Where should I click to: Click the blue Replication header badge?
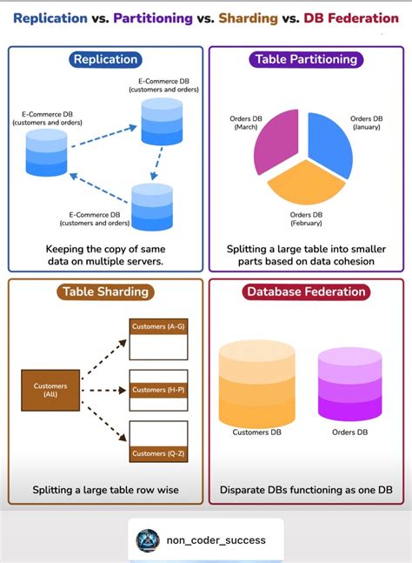105,60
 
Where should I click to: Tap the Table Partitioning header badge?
306,60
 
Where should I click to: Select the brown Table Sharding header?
105,292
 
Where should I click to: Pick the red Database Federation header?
306,292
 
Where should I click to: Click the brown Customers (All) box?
50,390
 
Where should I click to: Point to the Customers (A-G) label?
157,326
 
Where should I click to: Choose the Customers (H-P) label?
157,390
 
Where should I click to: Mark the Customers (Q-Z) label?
157,453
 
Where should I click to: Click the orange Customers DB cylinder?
256,383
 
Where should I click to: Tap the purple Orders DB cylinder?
349,384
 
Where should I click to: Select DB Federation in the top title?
351,18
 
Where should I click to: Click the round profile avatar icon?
148,540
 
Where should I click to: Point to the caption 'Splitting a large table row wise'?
105,490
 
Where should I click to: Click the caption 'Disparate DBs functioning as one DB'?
306,490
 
